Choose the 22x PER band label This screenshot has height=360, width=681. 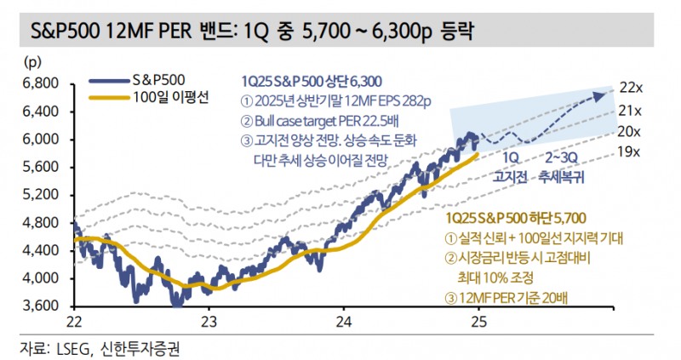coord(630,88)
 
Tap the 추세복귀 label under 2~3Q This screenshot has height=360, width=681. coord(566,179)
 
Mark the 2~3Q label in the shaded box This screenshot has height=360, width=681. coord(565,159)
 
